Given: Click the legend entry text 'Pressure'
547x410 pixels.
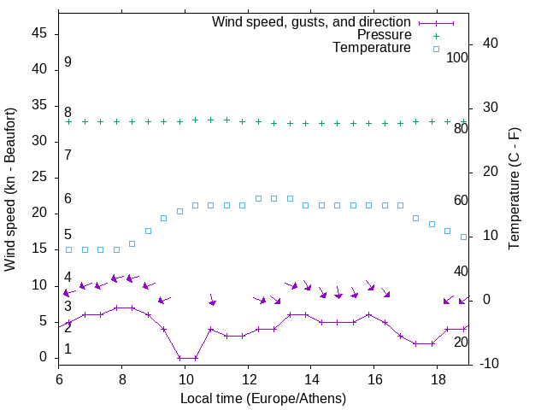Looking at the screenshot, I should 384,35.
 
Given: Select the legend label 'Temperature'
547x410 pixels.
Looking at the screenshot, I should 372,49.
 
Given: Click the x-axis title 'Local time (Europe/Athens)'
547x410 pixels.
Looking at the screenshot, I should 263,399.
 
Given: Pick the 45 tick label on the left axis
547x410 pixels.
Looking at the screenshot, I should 39,32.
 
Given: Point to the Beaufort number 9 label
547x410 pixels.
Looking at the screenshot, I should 68,62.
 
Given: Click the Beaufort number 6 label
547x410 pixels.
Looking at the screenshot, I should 68,199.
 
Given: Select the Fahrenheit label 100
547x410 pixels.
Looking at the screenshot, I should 457,57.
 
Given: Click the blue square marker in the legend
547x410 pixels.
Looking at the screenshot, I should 436,49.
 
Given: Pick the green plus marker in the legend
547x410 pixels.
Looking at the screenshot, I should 436,35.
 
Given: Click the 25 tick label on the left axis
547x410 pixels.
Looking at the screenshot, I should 39,177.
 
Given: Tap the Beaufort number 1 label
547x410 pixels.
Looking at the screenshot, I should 68,349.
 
